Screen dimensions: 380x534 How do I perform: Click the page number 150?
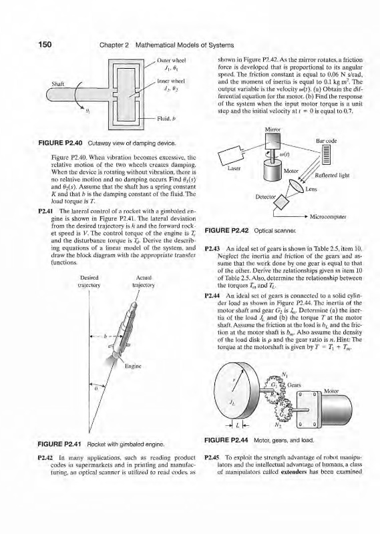[x=45, y=45]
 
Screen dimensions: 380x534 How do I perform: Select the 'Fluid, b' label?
[x=164, y=119]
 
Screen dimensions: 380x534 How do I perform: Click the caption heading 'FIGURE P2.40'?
[x=60, y=144]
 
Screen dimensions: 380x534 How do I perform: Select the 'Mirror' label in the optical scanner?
[x=272, y=129]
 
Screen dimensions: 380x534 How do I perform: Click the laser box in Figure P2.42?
[x=230, y=156]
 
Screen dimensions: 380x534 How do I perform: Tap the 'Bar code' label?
[x=327, y=141]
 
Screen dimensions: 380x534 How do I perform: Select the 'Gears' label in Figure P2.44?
[x=294, y=385]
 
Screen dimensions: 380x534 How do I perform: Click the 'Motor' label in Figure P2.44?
[x=332, y=391]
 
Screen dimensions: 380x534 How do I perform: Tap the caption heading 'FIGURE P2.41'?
[x=60, y=444]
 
